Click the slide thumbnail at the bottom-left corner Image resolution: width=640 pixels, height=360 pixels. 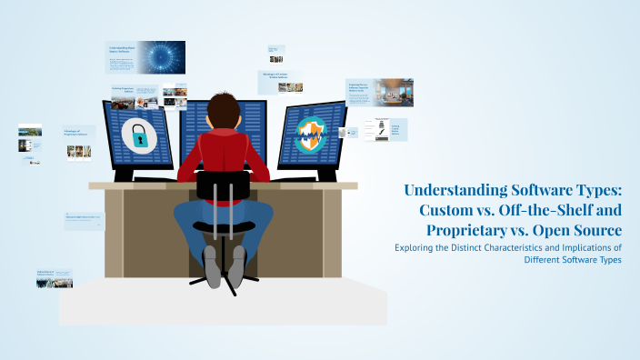tap(54, 278)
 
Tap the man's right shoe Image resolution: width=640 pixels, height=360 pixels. tap(237, 265)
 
